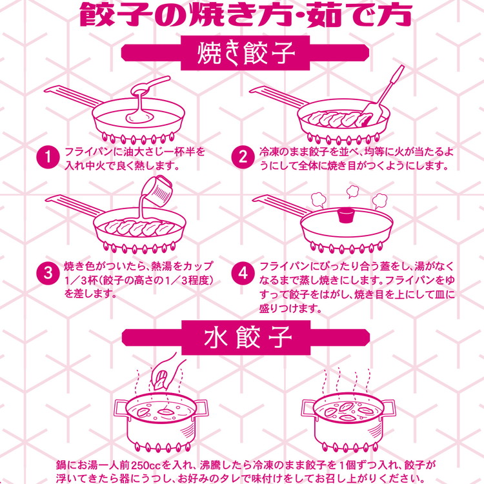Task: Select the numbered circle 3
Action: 48,273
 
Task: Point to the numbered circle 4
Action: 243,273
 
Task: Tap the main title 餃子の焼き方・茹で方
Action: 242,14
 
